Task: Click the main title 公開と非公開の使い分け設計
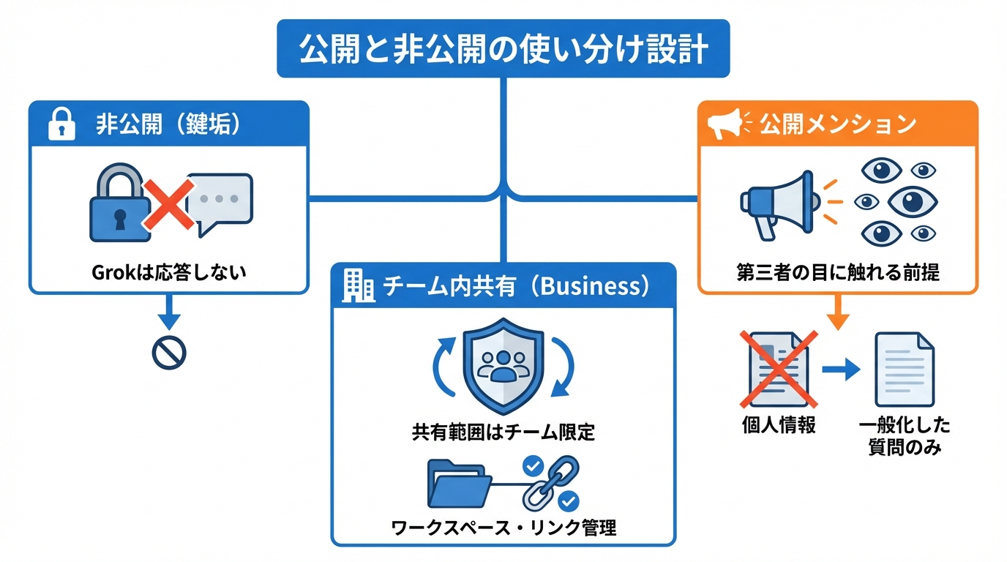pos(503,50)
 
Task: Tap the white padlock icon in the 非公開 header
pos(61,125)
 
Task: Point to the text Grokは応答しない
pos(169,273)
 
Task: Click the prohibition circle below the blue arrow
pos(169,353)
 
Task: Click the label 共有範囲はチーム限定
pos(503,432)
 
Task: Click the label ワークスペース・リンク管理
pos(503,527)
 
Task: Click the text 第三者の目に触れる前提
pos(837,273)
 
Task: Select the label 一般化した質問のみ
pos(905,436)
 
